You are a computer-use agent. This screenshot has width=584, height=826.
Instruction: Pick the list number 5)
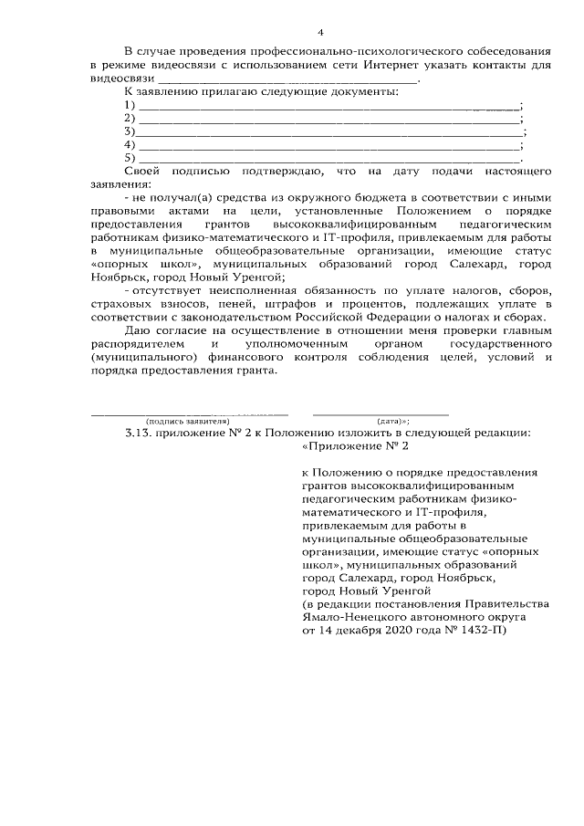coord(129,158)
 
